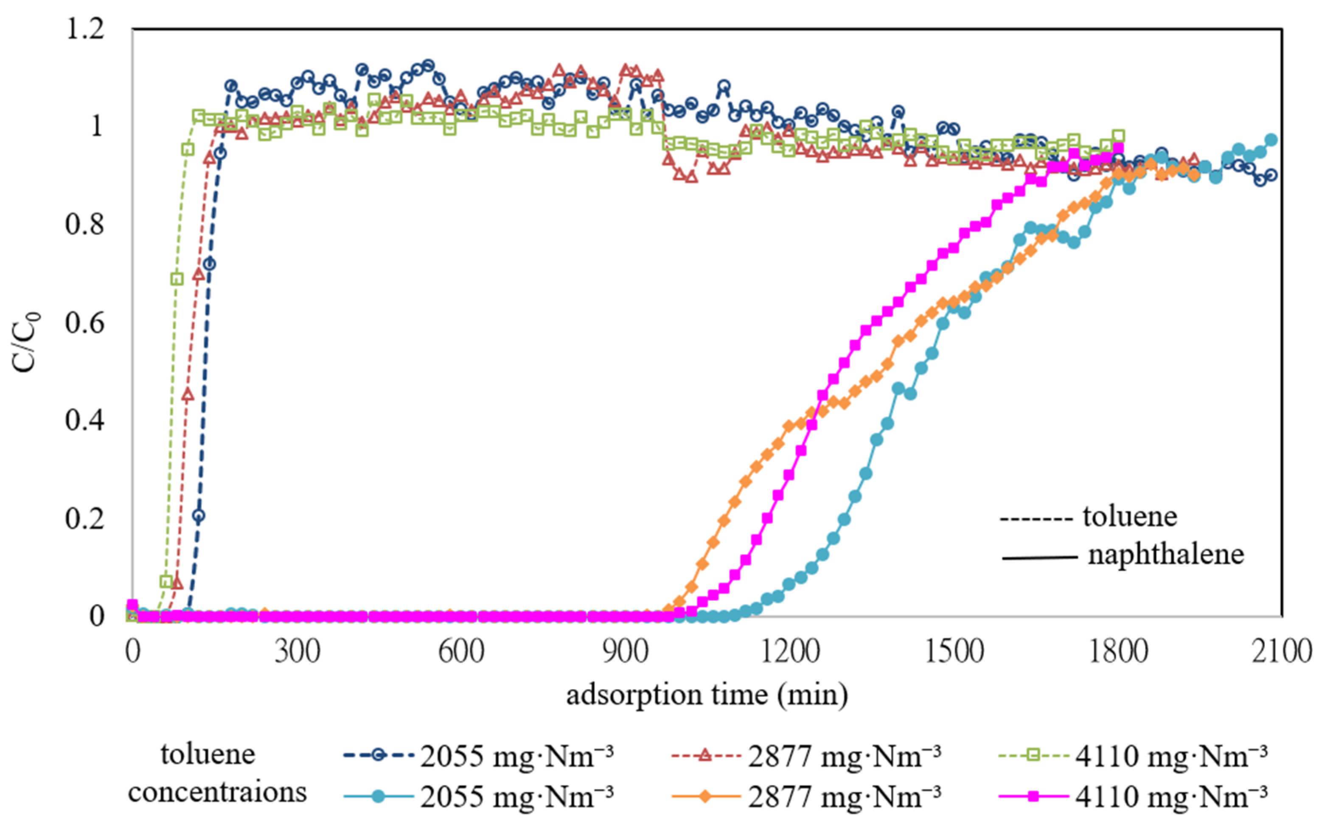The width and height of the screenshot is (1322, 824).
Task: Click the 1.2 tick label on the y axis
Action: (84, 28)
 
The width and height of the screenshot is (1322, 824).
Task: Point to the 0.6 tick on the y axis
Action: (84, 322)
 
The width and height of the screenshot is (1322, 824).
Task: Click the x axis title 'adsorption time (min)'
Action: (707, 695)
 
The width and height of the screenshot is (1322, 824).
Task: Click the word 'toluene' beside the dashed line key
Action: (1129, 516)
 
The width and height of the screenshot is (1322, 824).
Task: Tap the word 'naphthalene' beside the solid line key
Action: (1165, 554)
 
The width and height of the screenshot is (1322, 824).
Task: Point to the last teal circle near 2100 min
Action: (1271, 140)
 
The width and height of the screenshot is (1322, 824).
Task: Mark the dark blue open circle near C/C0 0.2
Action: (198, 516)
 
